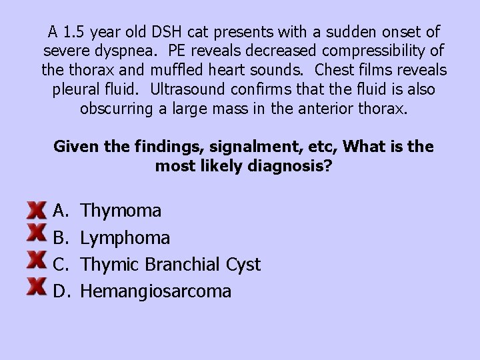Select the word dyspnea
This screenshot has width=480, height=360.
[x=127, y=51]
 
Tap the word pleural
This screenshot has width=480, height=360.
[x=76, y=89]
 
